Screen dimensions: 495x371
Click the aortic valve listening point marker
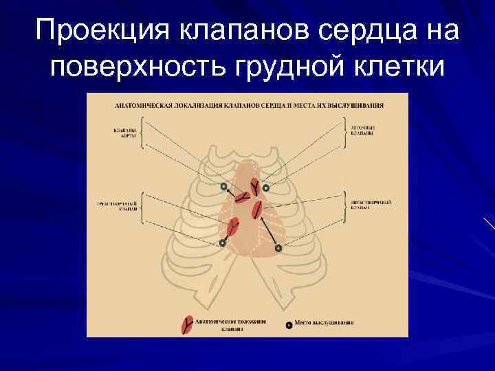pyautogui.click(x=223, y=186)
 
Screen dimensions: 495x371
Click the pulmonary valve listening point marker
pyautogui.click(x=266, y=187)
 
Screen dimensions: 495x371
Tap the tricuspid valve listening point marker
pyautogui.click(x=223, y=243)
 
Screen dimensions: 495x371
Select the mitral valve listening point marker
pyautogui.click(x=278, y=247)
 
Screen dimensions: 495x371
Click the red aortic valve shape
pyautogui.click(x=241, y=198)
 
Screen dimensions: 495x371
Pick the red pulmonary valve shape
pyautogui.click(x=254, y=185)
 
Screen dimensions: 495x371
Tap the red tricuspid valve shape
pyautogui.click(x=232, y=226)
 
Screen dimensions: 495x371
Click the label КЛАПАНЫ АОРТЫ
pyautogui.click(x=124, y=133)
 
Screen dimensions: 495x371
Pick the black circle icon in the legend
pyautogui.click(x=288, y=324)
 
